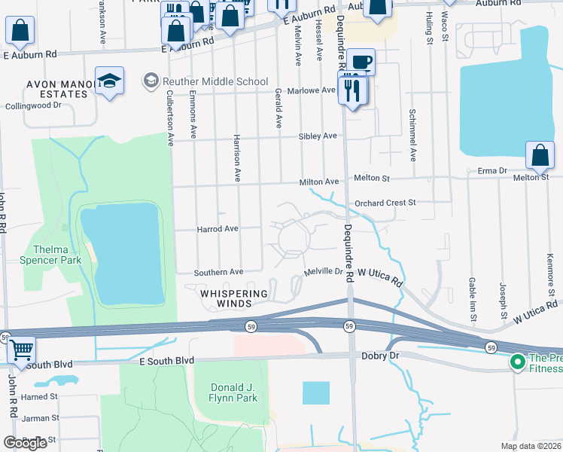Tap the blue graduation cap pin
click(x=109, y=81)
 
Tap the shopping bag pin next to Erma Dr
click(x=540, y=156)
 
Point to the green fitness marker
click(x=517, y=362)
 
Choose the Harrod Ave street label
click(x=217, y=228)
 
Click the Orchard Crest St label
click(x=385, y=203)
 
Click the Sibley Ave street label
click(x=318, y=136)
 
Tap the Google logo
click(x=26, y=443)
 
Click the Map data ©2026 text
click(x=531, y=446)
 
